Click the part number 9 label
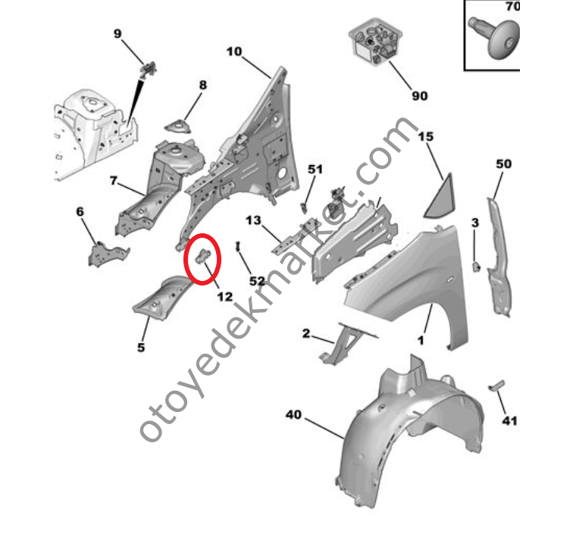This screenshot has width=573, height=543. (x=117, y=33)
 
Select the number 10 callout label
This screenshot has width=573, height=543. (x=234, y=51)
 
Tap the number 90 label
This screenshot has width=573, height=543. (x=420, y=96)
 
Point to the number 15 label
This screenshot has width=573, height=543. (x=426, y=136)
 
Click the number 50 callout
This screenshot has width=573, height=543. (x=503, y=164)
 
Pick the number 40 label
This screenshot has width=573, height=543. (x=293, y=414)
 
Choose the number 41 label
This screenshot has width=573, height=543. (x=509, y=421)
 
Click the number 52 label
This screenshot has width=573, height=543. (x=257, y=281)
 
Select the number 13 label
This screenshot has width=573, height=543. (x=253, y=220)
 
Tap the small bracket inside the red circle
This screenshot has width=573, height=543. (x=204, y=255)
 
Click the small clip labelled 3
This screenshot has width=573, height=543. (x=476, y=267)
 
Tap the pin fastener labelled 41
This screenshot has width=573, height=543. (x=496, y=385)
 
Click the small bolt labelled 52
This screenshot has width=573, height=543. (x=237, y=246)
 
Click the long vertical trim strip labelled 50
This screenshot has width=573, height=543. (x=499, y=257)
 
